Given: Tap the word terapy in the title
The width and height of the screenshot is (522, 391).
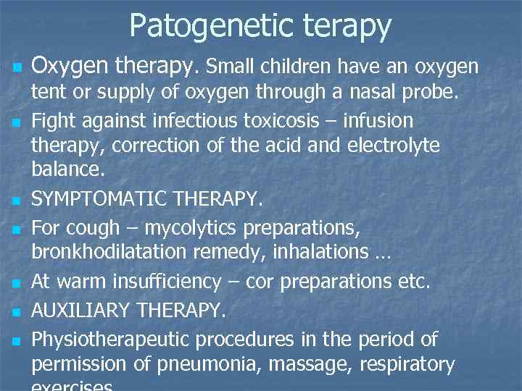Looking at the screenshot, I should click(x=344, y=27).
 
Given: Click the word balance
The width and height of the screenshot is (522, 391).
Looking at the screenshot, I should click(x=67, y=170).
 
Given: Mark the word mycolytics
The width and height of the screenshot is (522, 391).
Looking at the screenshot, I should click(x=190, y=227).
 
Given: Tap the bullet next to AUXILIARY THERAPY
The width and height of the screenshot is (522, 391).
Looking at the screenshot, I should click(x=16, y=311).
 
